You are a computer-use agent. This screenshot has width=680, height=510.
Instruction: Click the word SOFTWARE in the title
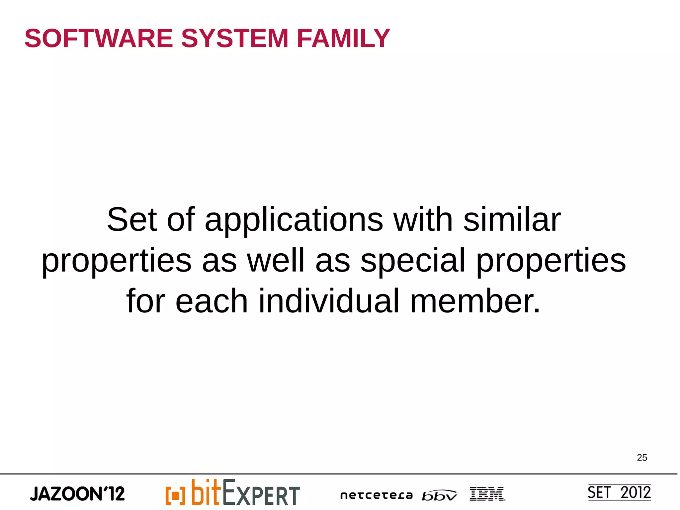(99, 39)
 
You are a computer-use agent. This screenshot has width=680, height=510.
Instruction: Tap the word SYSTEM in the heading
(234, 39)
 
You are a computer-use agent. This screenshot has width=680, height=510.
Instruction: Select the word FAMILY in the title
(343, 39)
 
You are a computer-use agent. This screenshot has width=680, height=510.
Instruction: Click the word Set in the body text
(132, 219)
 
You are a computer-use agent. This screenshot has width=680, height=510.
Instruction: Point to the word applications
(294, 220)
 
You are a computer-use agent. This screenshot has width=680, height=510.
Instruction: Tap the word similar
(512, 219)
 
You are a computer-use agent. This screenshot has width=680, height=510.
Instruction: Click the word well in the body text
(276, 260)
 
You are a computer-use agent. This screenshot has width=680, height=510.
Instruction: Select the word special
(413, 261)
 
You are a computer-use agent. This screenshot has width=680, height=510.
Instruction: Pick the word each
(212, 301)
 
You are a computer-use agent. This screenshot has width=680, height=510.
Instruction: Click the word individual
(329, 301)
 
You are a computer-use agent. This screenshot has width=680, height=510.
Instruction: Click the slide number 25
(642, 458)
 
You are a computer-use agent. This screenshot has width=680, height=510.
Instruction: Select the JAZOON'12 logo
(77, 494)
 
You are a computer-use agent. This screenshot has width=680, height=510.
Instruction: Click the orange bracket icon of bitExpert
(175, 495)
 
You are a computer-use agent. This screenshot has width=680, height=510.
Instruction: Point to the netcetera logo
(376, 495)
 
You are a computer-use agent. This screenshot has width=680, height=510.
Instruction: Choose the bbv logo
(439, 495)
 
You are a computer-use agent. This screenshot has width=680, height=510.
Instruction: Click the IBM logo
(487, 494)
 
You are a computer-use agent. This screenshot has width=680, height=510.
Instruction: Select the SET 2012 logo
(619, 492)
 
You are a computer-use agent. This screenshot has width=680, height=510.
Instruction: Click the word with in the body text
(423, 219)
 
